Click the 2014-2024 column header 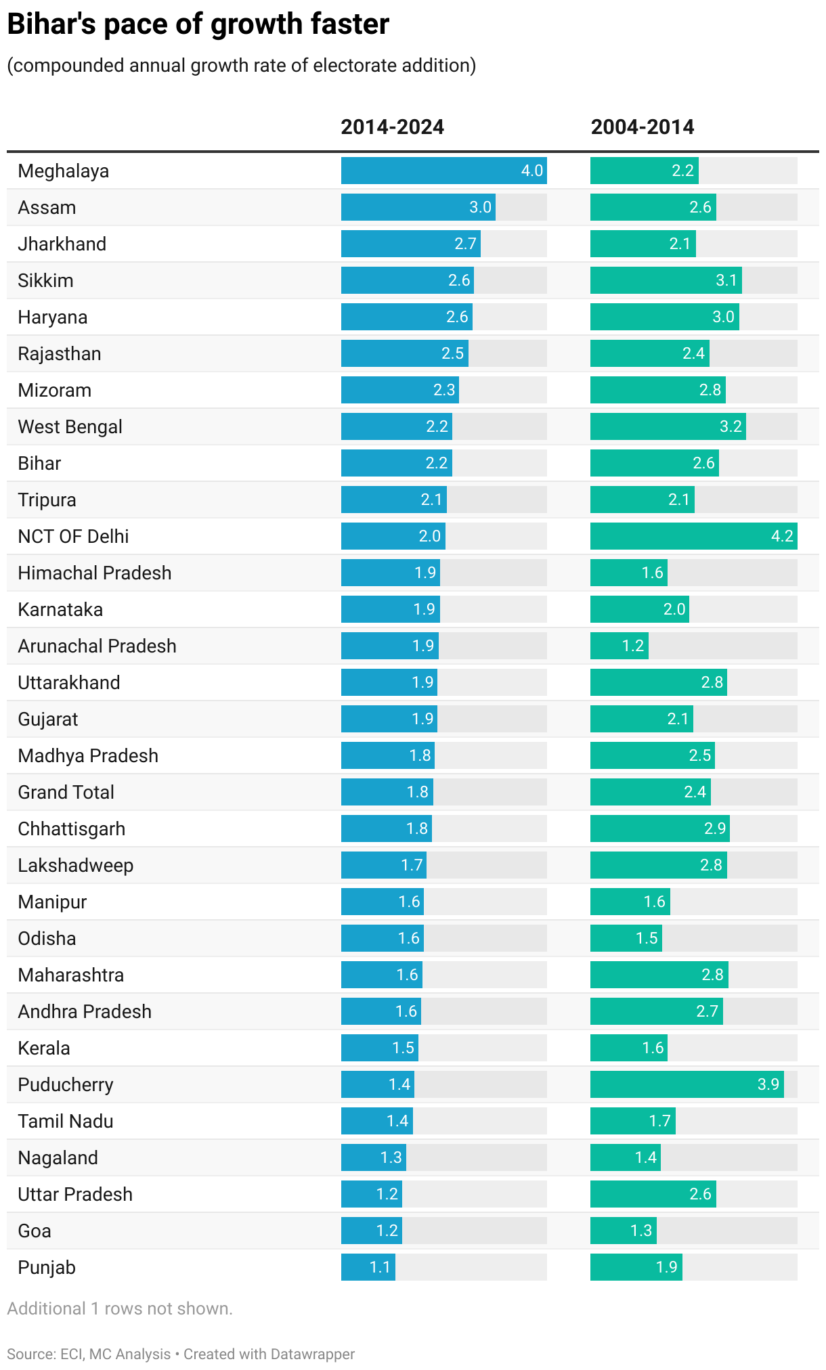pyautogui.click(x=392, y=127)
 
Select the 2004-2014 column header pyautogui.click(x=642, y=127)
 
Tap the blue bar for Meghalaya pyautogui.click(x=443, y=171)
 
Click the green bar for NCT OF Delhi pyautogui.click(x=693, y=536)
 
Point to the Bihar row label pyautogui.click(x=39, y=464)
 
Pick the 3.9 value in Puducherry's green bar pyautogui.click(x=768, y=1084)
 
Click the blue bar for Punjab pyautogui.click(x=368, y=1267)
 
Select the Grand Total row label pyautogui.click(x=66, y=793)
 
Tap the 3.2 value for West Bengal pyautogui.click(x=731, y=426)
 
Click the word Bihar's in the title pyautogui.click(x=50, y=25)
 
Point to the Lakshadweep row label pyautogui.click(x=75, y=866)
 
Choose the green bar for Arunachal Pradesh pyautogui.click(x=619, y=646)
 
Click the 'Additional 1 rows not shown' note pyautogui.click(x=120, y=1308)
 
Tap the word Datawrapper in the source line pyautogui.click(x=312, y=1354)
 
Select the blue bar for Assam pyautogui.click(x=418, y=207)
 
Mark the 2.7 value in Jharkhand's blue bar pyautogui.click(x=465, y=244)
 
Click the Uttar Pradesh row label pyautogui.click(x=74, y=1195)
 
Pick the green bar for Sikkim pyautogui.click(x=666, y=280)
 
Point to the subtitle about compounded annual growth pyautogui.click(x=241, y=66)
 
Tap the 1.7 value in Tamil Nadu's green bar pyautogui.click(x=659, y=1121)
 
